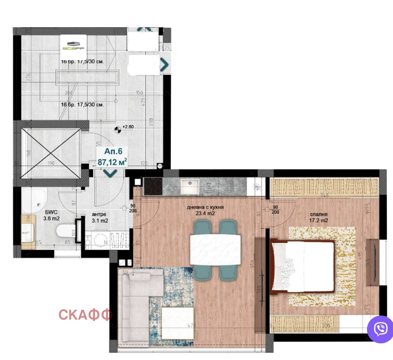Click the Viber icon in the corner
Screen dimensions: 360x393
pos(380,329)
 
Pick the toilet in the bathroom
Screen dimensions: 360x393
pos(64,232)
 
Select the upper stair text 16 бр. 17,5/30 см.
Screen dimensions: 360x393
pos(83,61)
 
